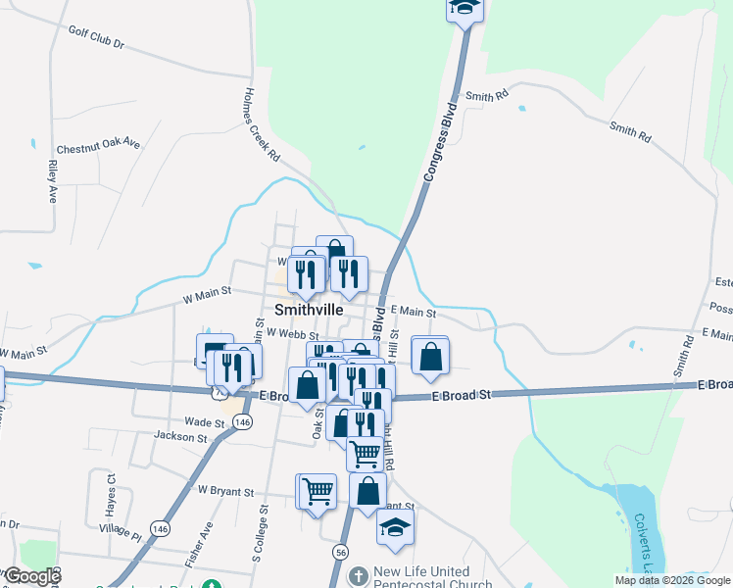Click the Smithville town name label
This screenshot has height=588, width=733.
click(309, 309)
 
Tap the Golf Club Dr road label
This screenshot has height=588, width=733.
click(96, 37)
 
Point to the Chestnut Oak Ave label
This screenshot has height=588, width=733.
click(98, 146)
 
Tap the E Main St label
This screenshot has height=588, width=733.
click(412, 312)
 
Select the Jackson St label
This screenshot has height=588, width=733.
click(179, 437)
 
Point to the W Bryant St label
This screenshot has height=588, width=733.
click(225, 491)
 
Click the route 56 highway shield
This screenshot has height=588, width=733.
click(340, 553)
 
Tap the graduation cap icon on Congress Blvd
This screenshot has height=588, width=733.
click(464, 8)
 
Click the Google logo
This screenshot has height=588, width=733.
click(31, 576)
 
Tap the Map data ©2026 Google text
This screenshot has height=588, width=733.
click(672, 580)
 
